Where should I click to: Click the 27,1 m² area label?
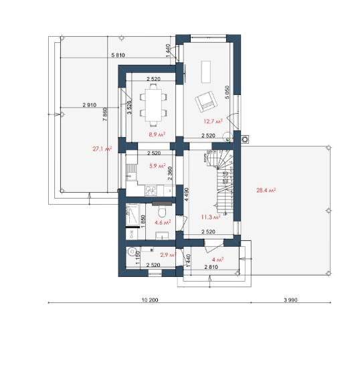tap(102, 149)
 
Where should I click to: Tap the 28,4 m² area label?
tap(266, 190)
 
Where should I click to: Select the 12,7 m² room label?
tap(213, 121)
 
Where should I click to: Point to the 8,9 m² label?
tap(157, 134)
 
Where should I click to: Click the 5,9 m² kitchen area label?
tap(157, 166)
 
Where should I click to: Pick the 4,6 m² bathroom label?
tap(163, 223)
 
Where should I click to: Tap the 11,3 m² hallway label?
tap(211, 217)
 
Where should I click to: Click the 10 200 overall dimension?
tap(150, 300)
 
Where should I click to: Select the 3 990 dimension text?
tap(290, 300)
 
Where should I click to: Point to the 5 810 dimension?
tap(118, 55)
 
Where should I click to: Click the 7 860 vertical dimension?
tap(105, 114)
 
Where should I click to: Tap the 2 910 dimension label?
tap(90, 105)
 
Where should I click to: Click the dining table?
tap(153, 104)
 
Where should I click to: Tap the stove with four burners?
tap(151, 191)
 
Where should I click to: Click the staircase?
tap(221, 182)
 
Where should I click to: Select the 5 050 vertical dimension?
tap(227, 92)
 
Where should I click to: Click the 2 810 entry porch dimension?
tap(211, 267)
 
